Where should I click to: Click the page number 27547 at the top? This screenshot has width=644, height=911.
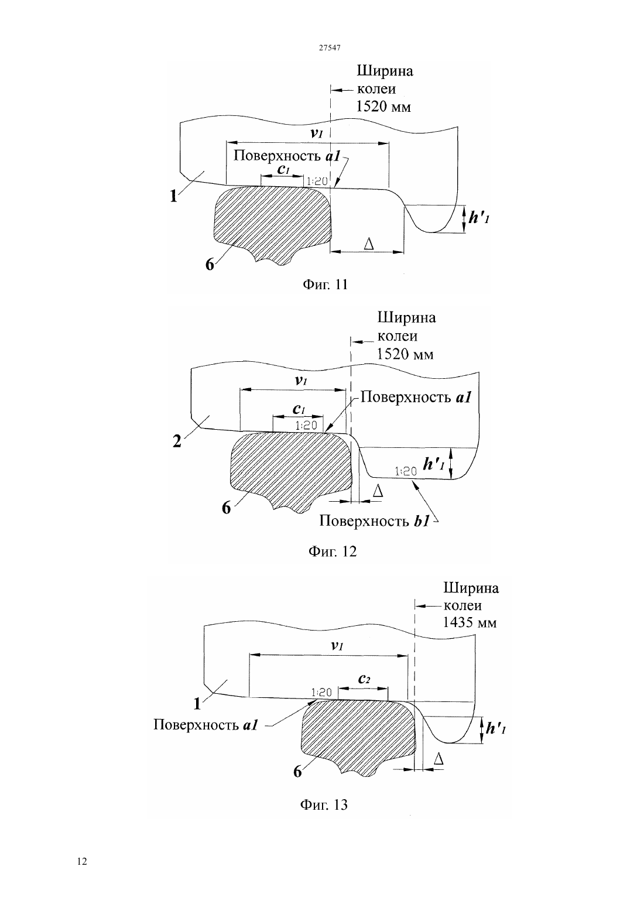coord(330,48)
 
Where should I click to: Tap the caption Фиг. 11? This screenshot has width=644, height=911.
coord(326,285)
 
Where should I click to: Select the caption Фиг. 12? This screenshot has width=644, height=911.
coord(332,551)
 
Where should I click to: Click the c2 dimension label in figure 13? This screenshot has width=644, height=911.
coord(364,679)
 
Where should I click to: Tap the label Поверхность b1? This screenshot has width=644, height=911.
coord(374,521)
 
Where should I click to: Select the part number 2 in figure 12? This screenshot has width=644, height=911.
coord(177,441)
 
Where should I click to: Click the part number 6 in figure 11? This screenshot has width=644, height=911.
coord(210,265)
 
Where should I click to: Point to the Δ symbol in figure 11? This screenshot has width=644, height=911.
coord(368,244)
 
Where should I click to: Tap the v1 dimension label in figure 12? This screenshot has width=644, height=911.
coord(300,381)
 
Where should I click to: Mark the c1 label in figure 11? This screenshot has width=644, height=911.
coord(283,169)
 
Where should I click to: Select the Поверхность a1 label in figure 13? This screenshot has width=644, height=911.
coord(205,725)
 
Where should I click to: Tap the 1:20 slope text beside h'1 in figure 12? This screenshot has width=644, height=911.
coord(406,471)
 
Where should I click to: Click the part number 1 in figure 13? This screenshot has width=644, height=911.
coord(197,704)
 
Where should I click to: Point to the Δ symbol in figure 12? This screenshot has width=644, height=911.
coord(378,491)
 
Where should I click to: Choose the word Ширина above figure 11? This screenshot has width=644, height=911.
coord(385,71)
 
